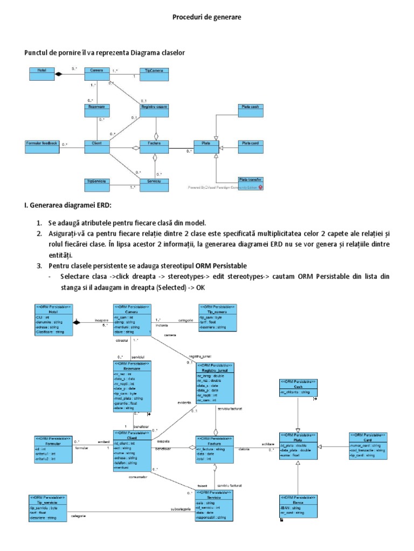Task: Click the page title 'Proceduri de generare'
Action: coord(207,18)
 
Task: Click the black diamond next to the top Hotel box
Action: coord(60,75)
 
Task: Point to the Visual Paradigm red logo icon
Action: coord(261,188)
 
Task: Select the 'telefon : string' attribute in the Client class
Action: coord(128,463)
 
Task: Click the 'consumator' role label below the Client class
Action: coord(138,476)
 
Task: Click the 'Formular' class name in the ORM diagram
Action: coord(52,444)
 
